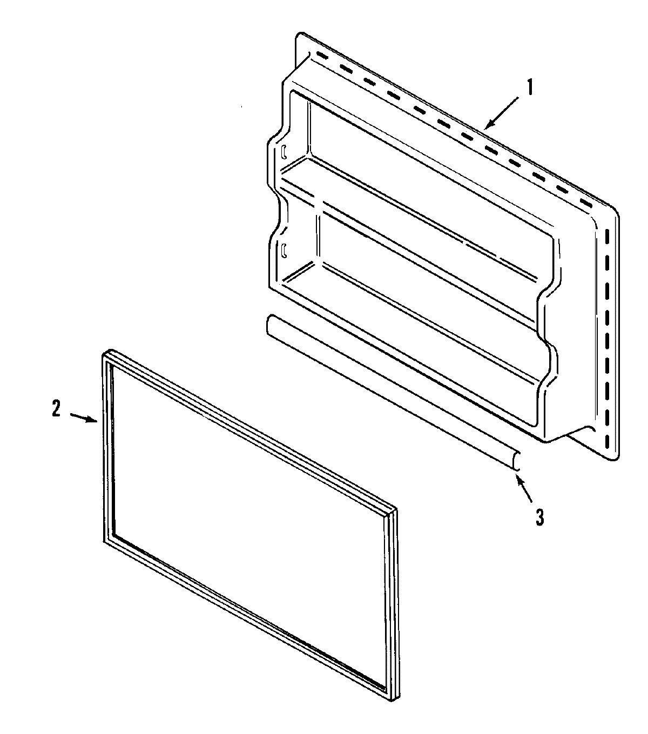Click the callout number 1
(529, 87)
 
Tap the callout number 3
(539, 517)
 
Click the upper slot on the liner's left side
(283, 152)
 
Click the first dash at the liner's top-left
(322, 56)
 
